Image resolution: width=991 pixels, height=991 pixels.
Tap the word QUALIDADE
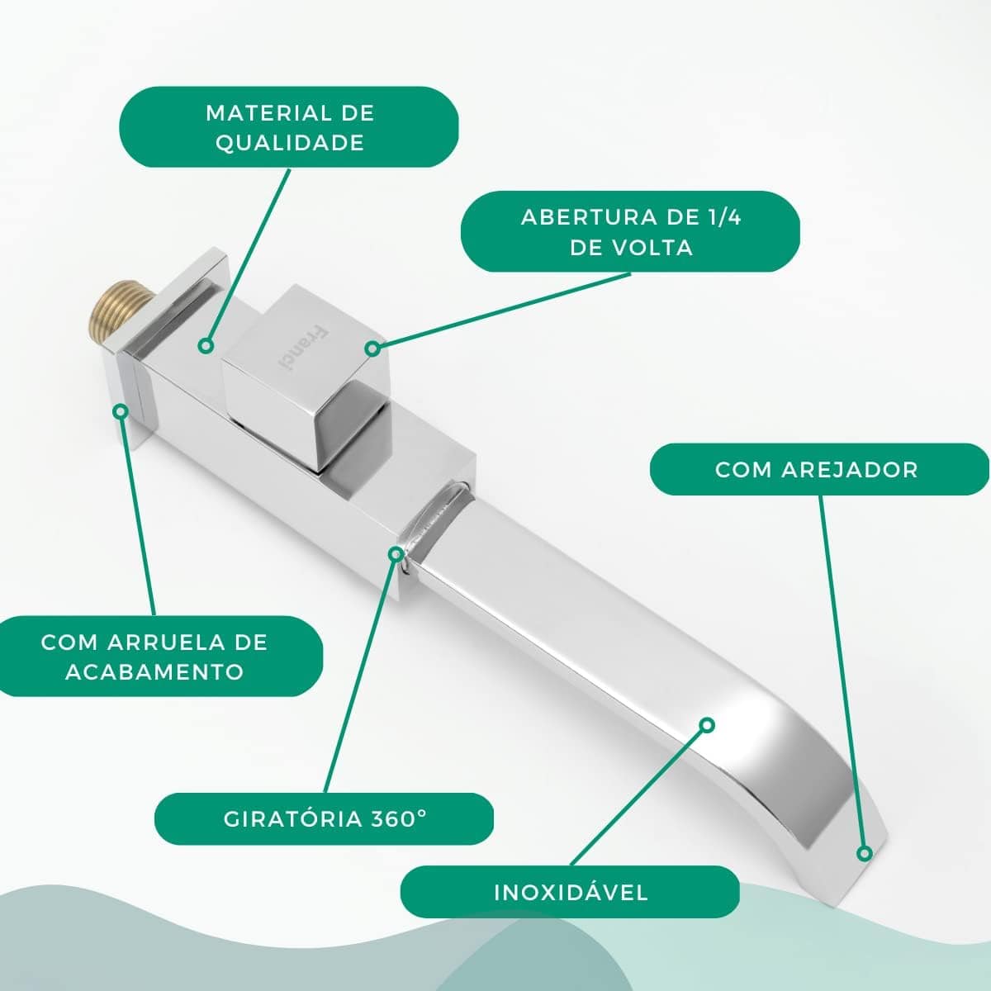pyautogui.click(x=290, y=143)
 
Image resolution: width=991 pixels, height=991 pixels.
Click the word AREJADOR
pyautogui.click(x=850, y=470)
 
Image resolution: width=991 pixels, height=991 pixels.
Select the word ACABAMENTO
pyautogui.click(x=154, y=672)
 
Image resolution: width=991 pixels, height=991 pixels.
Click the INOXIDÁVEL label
pyautogui.click(x=571, y=892)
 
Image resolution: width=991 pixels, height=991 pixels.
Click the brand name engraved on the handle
pyautogui.click(x=301, y=349)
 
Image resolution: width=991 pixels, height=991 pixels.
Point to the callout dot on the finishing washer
pyautogui.click(x=121, y=411)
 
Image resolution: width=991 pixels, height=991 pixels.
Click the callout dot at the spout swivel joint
pyautogui.click(x=396, y=553)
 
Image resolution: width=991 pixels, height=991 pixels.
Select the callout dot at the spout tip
pyautogui.click(x=865, y=853)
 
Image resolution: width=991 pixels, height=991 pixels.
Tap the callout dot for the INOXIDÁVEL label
pyautogui.click(x=708, y=725)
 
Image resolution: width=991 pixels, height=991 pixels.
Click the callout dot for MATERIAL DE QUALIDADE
pyautogui.click(x=206, y=346)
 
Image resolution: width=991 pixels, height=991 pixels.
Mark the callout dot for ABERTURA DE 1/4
pyautogui.click(x=372, y=349)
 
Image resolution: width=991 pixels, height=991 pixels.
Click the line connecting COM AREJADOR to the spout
pyautogui.click(x=842, y=671)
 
